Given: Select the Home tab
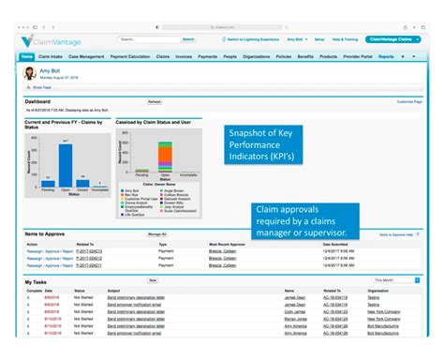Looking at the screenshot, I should point(26,57).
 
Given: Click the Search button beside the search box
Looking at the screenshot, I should point(188,39).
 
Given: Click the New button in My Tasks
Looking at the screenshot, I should point(153,279).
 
